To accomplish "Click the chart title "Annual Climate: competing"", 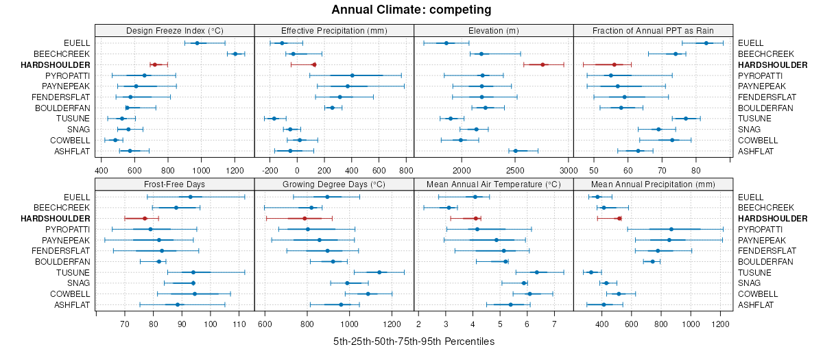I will pos(411,10).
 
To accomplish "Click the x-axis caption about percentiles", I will pos(414,341).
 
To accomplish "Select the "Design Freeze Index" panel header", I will pos(175,30).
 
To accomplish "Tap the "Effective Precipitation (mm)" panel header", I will pos(334,30).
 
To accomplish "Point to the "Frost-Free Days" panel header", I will pos(175,184).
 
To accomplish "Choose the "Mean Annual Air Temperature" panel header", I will pos(494,184).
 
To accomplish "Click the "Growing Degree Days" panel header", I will pos(334,184).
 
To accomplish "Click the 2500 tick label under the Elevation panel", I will pos(514,170).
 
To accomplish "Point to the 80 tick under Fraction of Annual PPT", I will pos(695,170).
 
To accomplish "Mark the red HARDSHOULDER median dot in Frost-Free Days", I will pos(145,218).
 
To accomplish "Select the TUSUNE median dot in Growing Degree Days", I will pos(379,272).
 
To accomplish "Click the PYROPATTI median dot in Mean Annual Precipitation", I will pos(671,229).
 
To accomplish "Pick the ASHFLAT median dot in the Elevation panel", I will pos(516,151).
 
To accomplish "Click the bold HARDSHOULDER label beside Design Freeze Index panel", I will pos(60,64).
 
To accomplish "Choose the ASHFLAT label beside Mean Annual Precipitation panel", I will pos(756,304).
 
